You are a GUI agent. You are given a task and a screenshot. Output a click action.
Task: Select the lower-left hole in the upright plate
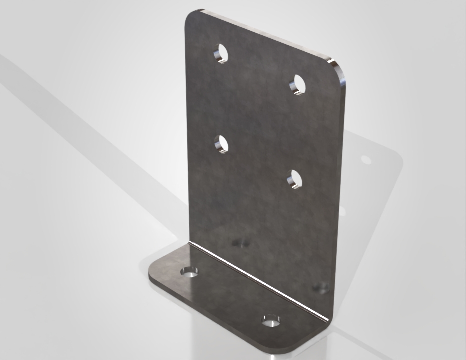pos(221,144)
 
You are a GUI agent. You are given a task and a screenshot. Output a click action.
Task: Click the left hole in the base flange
pos(189,272)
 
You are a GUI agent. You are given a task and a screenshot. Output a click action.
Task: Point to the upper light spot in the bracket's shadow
pos(366,160)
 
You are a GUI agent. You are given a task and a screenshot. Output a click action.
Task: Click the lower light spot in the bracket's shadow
pos(343,212)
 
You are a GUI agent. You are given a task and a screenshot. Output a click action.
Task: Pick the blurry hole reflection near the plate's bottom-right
pos(320,287)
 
